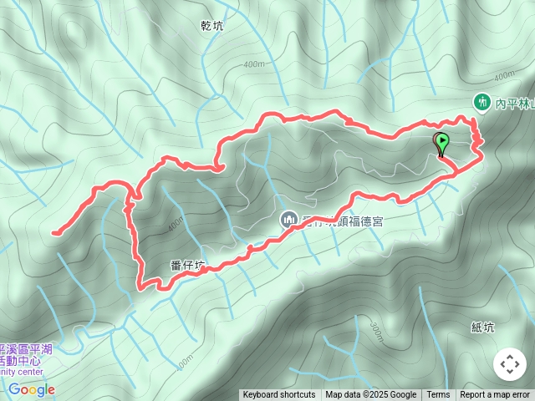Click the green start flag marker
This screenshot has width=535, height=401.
[441, 143]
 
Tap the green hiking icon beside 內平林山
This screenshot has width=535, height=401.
[481, 102]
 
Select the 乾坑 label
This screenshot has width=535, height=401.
[213, 26]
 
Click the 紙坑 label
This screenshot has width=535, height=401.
[482, 327]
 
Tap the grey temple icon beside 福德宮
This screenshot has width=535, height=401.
[288, 220]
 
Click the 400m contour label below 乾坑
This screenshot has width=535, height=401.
[254, 63]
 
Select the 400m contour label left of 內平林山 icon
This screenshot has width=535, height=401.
[504, 76]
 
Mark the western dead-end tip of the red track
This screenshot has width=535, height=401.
[53, 232]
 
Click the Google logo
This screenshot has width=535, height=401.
[32, 389]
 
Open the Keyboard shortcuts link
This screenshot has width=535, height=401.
[279, 395]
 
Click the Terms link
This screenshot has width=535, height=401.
[438, 395]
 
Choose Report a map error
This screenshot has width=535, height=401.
[495, 395]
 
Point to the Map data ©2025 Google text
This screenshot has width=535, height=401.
[370, 395]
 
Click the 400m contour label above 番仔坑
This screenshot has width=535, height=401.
[176, 224]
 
